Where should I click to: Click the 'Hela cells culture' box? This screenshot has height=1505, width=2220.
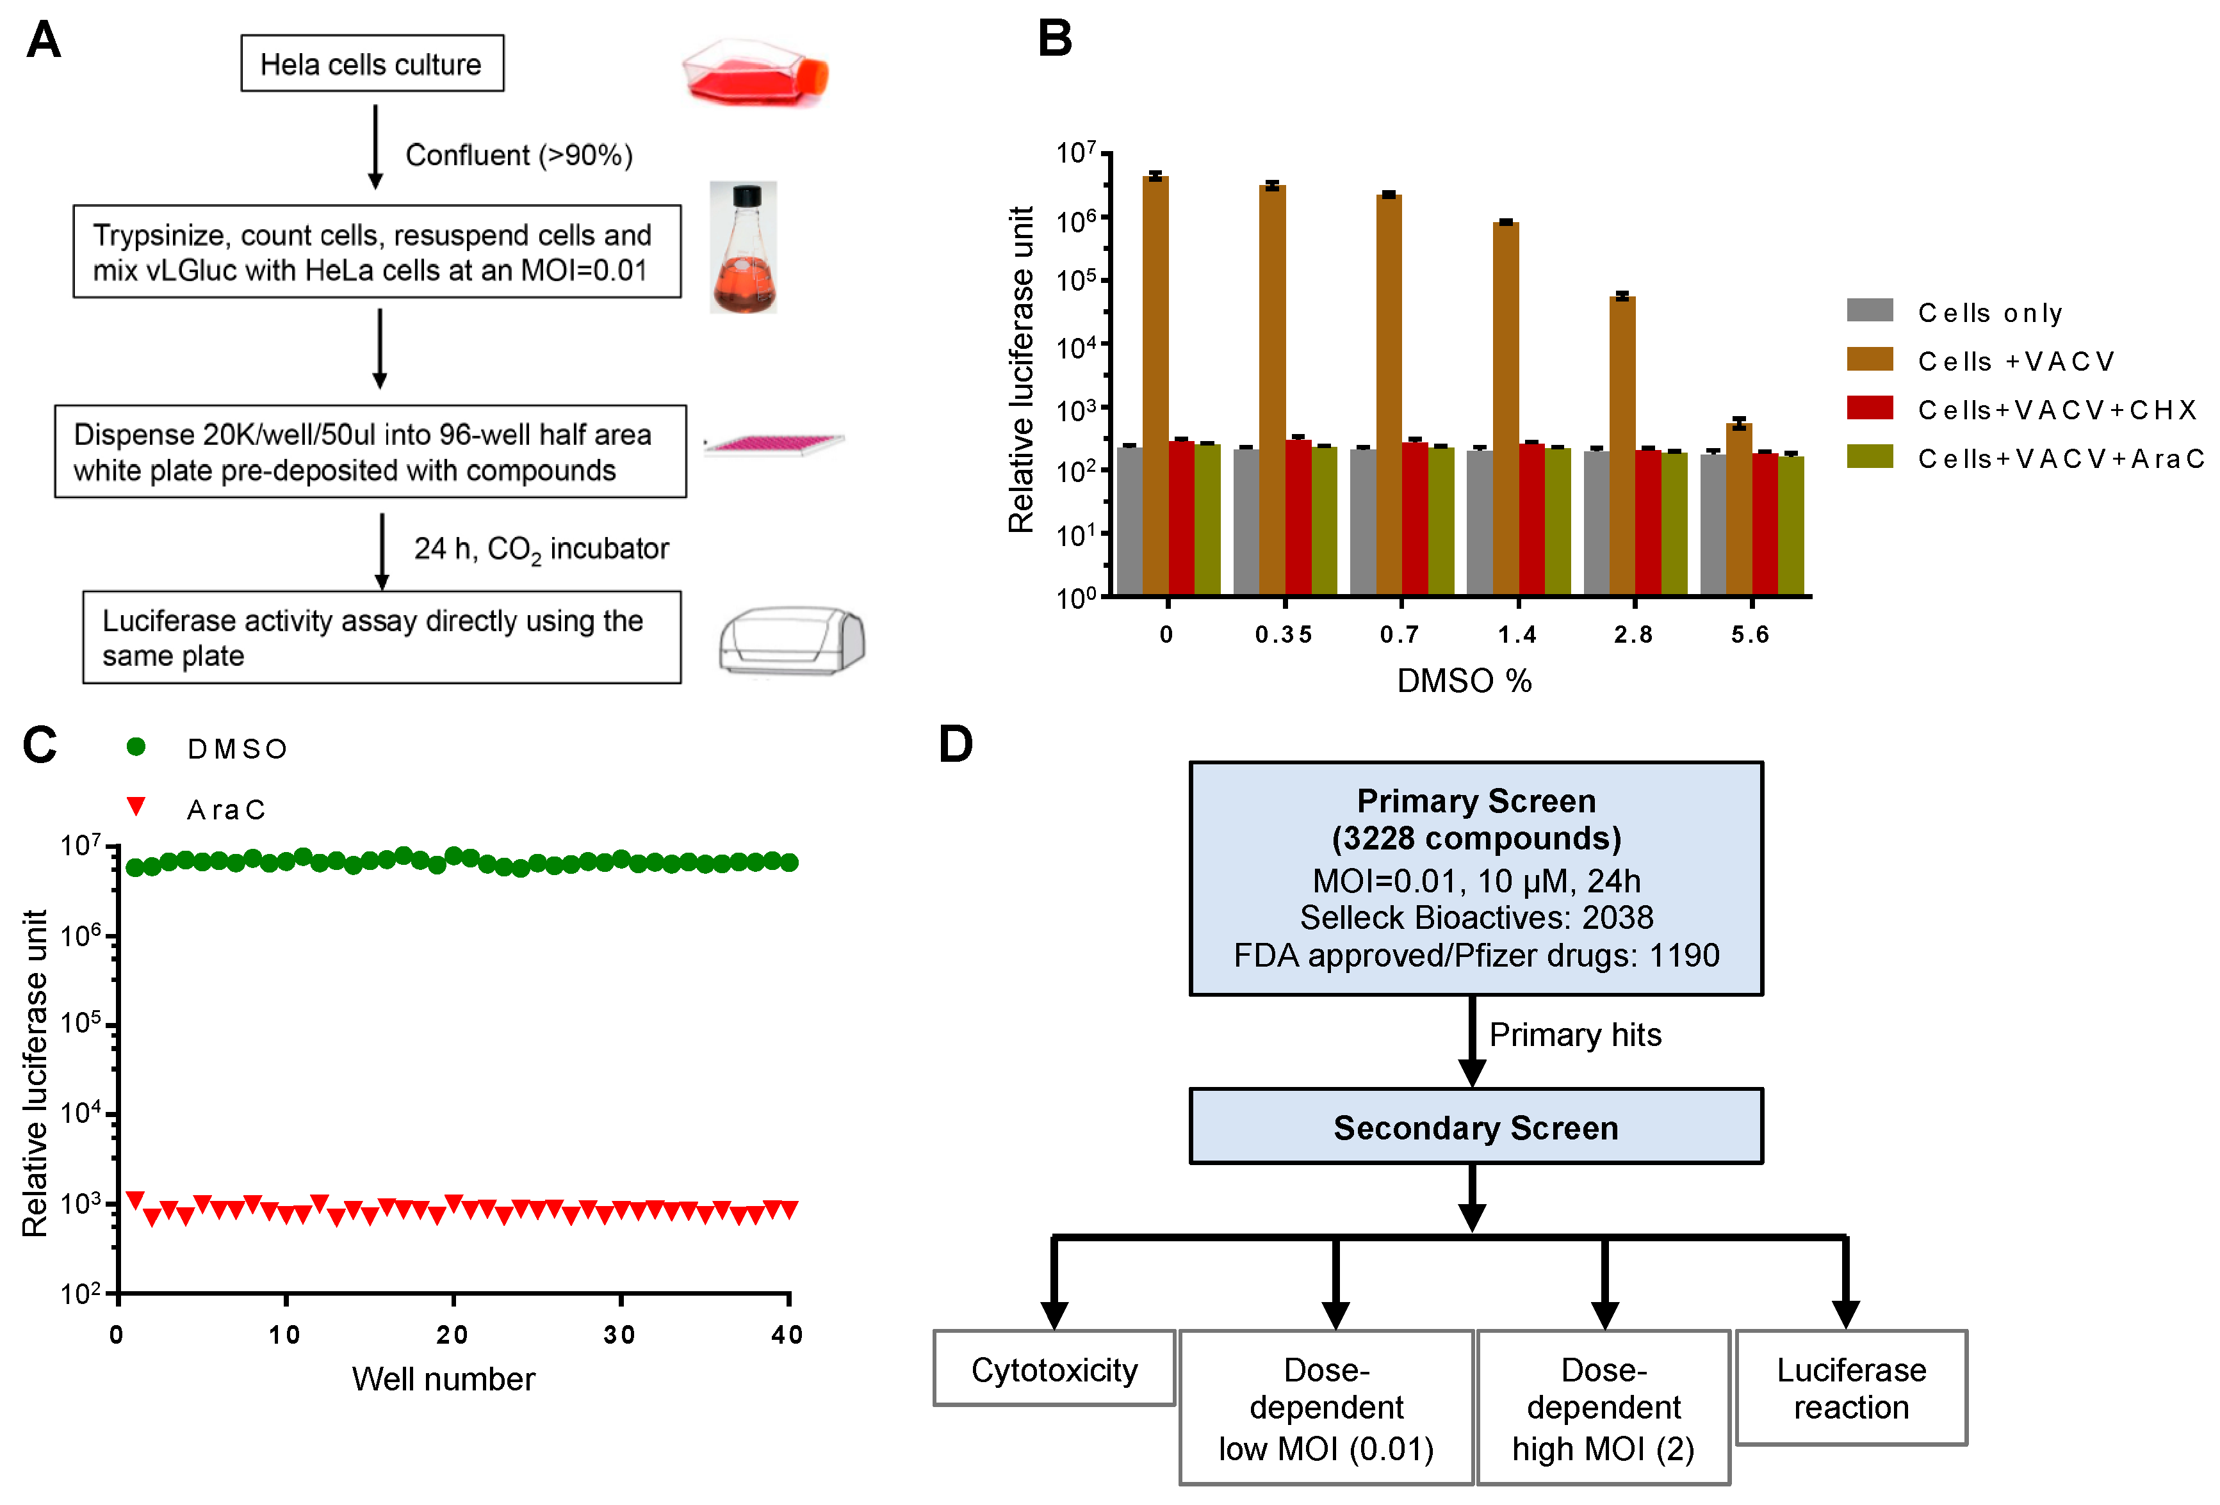tap(371, 64)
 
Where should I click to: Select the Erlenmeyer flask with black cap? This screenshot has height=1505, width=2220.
tap(743, 248)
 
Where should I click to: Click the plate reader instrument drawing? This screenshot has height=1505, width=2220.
tap(791, 641)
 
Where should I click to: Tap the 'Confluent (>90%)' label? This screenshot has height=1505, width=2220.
tap(519, 155)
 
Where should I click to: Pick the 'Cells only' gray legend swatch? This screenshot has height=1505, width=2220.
tap(1870, 310)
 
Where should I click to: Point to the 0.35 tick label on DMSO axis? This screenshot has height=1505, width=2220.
tap(1283, 635)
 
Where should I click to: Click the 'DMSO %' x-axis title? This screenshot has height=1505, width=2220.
tap(1464, 681)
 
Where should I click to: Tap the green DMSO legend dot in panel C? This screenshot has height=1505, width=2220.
tap(136, 747)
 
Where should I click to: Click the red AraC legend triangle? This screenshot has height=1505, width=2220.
tap(136, 807)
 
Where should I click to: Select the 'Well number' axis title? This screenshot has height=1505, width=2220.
tap(443, 1379)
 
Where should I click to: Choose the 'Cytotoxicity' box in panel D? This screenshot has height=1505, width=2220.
tap(1054, 1369)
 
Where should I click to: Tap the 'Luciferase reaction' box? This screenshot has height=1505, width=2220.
tap(1850, 1388)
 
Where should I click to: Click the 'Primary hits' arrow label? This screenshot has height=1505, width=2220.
tap(1574, 1035)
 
